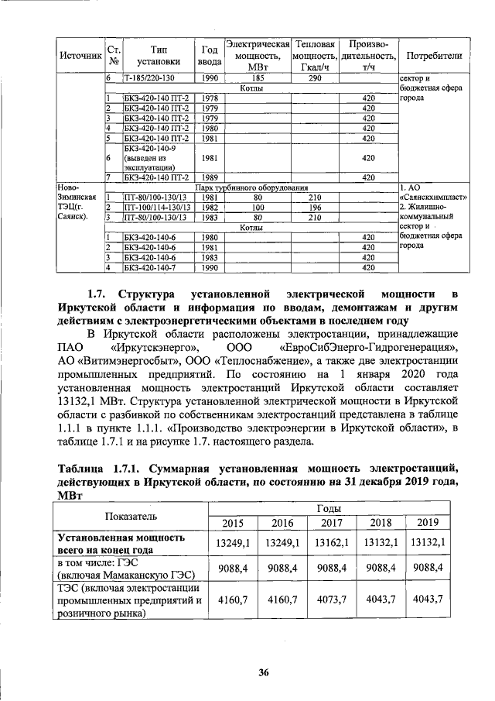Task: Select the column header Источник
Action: tap(80, 56)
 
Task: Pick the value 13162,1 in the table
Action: tap(331, 544)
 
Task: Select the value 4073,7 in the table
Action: tap(331, 600)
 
